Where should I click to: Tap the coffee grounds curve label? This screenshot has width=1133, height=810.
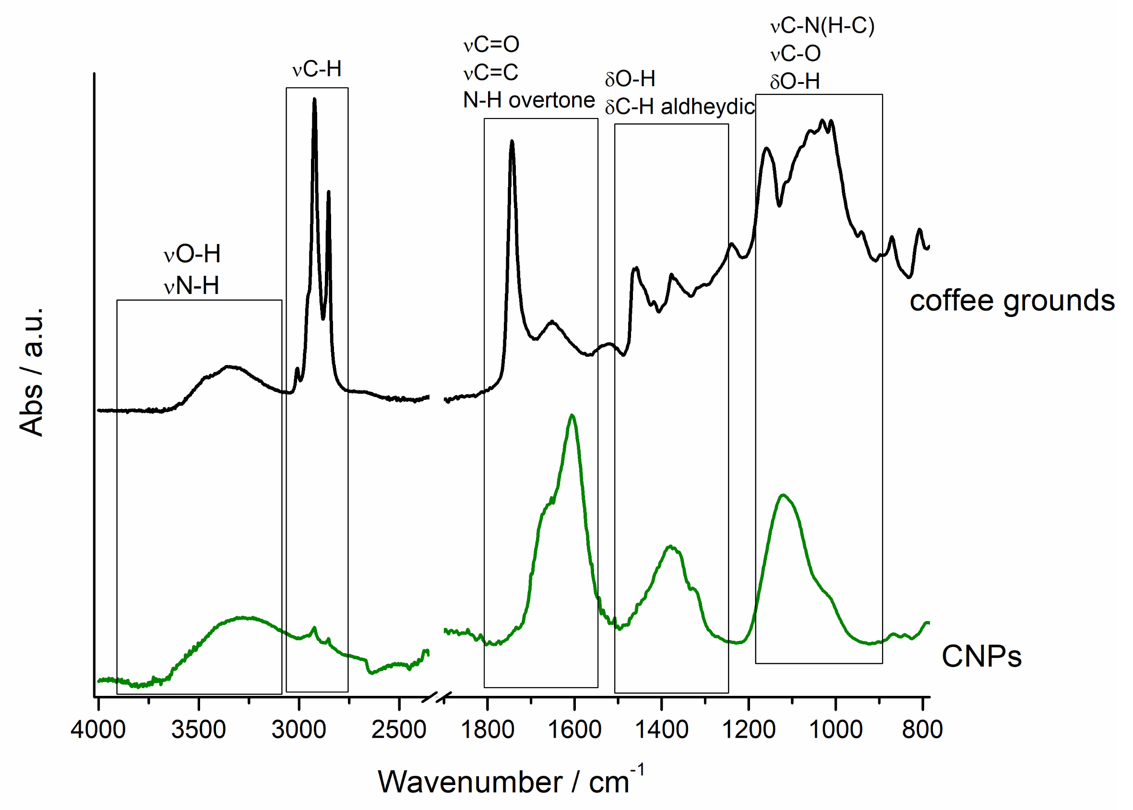click(1012, 301)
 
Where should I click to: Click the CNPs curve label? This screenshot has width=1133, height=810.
click(981, 657)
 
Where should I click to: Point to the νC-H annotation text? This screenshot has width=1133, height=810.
click(317, 70)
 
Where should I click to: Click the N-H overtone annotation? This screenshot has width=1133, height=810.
click(528, 101)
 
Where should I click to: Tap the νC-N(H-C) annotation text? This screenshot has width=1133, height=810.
click(822, 26)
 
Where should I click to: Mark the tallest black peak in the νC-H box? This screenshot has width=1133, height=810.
click(314, 99)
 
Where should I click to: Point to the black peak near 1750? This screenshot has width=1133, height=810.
click(512, 141)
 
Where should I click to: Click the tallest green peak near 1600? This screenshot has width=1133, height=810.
click(572, 415)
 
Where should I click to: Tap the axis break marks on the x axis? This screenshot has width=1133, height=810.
click(437, 697)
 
